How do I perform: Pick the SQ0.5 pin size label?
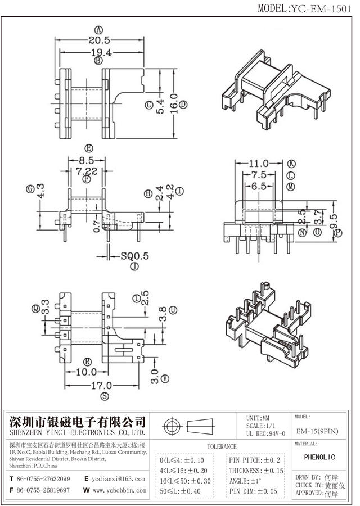(135, 256)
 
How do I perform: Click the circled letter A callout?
(99, 30)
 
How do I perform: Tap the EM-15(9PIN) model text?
(318, 431)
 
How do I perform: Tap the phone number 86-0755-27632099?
(43, 479)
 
